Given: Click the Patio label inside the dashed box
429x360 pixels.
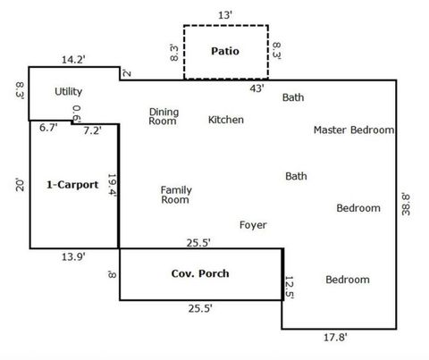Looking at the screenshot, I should coord(225,51).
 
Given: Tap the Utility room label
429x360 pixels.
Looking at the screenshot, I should coord(69,91).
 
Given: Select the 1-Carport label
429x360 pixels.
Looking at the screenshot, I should coord(72,185).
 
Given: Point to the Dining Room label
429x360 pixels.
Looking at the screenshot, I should coord(164,116).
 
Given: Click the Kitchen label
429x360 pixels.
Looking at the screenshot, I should coord(227,119).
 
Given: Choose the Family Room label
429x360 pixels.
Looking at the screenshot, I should coord(175,195).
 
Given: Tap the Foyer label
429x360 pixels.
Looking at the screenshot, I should coord(253,225).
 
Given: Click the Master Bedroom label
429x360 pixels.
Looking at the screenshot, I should coord(354,130).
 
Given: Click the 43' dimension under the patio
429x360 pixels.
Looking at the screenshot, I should coord(257,88).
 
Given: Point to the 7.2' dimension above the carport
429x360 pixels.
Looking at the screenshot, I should coord(92,130).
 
